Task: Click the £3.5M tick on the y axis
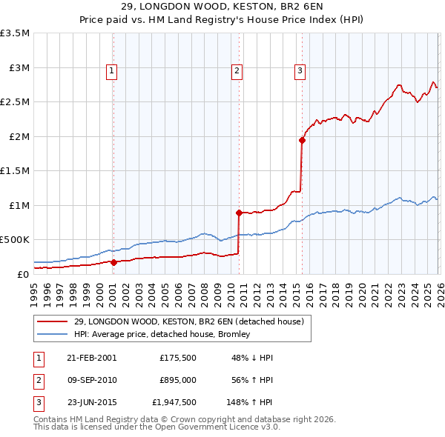[x=16, y=33]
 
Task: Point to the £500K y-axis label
[x=15, y=240]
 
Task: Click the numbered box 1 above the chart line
[x=111, y=71]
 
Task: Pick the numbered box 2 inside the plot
[x=237, y=71]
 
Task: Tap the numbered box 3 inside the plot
[x=300, y=71]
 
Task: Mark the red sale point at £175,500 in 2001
[x=113, y=262]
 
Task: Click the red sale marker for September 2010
[x=239, y=213]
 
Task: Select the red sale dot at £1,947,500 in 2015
[x=302, y=140]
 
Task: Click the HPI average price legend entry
[x=162, y=335]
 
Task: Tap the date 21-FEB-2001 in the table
[x=92, y=357]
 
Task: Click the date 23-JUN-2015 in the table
[x=92, y=404]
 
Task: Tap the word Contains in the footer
[x=51, y=419]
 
